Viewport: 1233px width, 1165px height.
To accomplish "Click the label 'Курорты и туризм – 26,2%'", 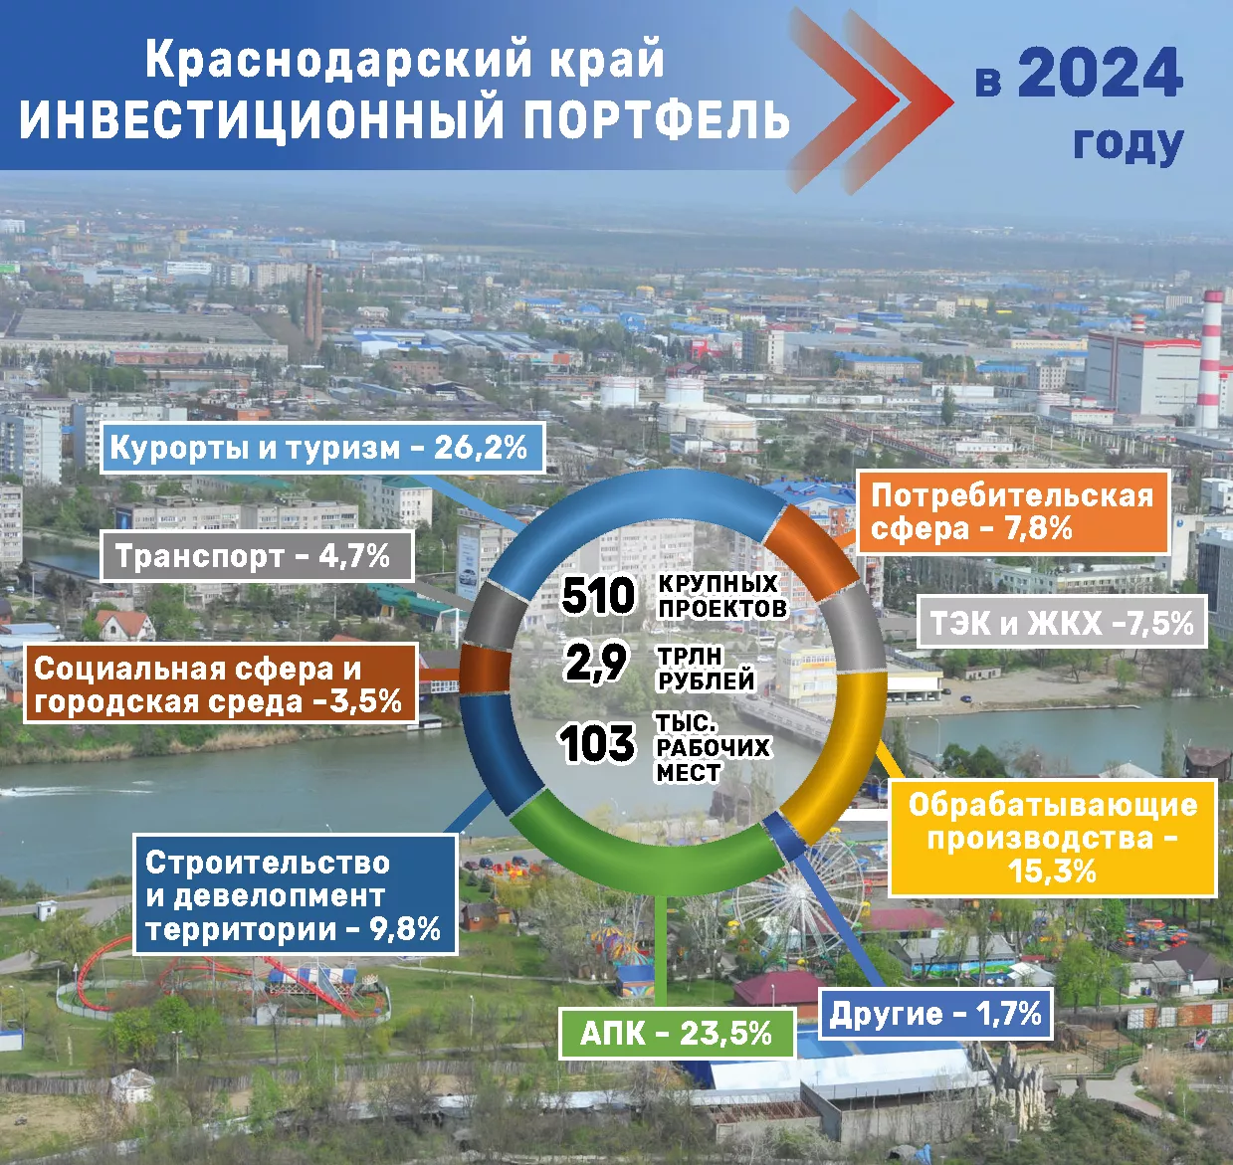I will [x=318, y=448].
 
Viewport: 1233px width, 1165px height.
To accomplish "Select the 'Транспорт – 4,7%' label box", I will [x=257, y=556].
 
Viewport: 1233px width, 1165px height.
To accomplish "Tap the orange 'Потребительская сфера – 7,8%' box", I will [x=1011, y=511].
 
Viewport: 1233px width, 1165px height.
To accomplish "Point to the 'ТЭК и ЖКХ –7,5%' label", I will [x=1061, y=624].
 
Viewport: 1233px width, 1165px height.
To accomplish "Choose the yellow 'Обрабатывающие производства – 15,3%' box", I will [x=1052, y=839].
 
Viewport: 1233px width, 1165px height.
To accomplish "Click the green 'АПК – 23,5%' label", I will [x=676, y=1034].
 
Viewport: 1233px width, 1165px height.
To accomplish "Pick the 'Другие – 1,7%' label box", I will [x=934, y=1015].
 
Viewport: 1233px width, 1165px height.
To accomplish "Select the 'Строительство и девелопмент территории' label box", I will [x=295, y=895].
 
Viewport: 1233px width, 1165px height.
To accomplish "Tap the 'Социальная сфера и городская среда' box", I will [x=219, y=684].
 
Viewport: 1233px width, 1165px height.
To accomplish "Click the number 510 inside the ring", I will [x=598, y=596].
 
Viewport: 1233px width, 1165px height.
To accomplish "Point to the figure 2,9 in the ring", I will [x=596, y=664].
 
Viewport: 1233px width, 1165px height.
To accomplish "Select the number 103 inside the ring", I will [x=597, y=744].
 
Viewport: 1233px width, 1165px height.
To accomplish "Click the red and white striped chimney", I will [x=1210, y=358].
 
